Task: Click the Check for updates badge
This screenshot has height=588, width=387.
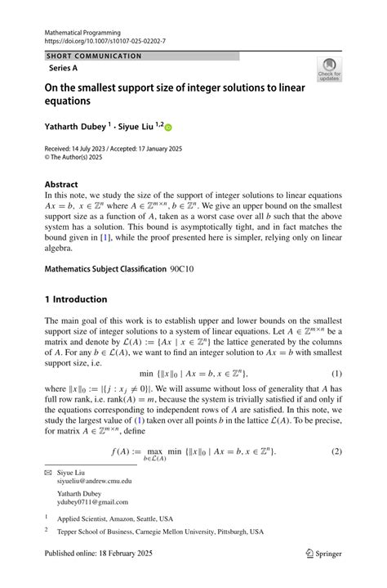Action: [x=329, y=70]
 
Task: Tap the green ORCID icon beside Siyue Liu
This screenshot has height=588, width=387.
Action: [x=169, y=128]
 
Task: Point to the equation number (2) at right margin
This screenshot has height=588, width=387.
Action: [x=336, y=451]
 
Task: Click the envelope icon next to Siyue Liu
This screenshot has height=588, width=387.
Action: [x=47, y=473]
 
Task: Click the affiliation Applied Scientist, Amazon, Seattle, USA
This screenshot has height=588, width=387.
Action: [x=115, y=518]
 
